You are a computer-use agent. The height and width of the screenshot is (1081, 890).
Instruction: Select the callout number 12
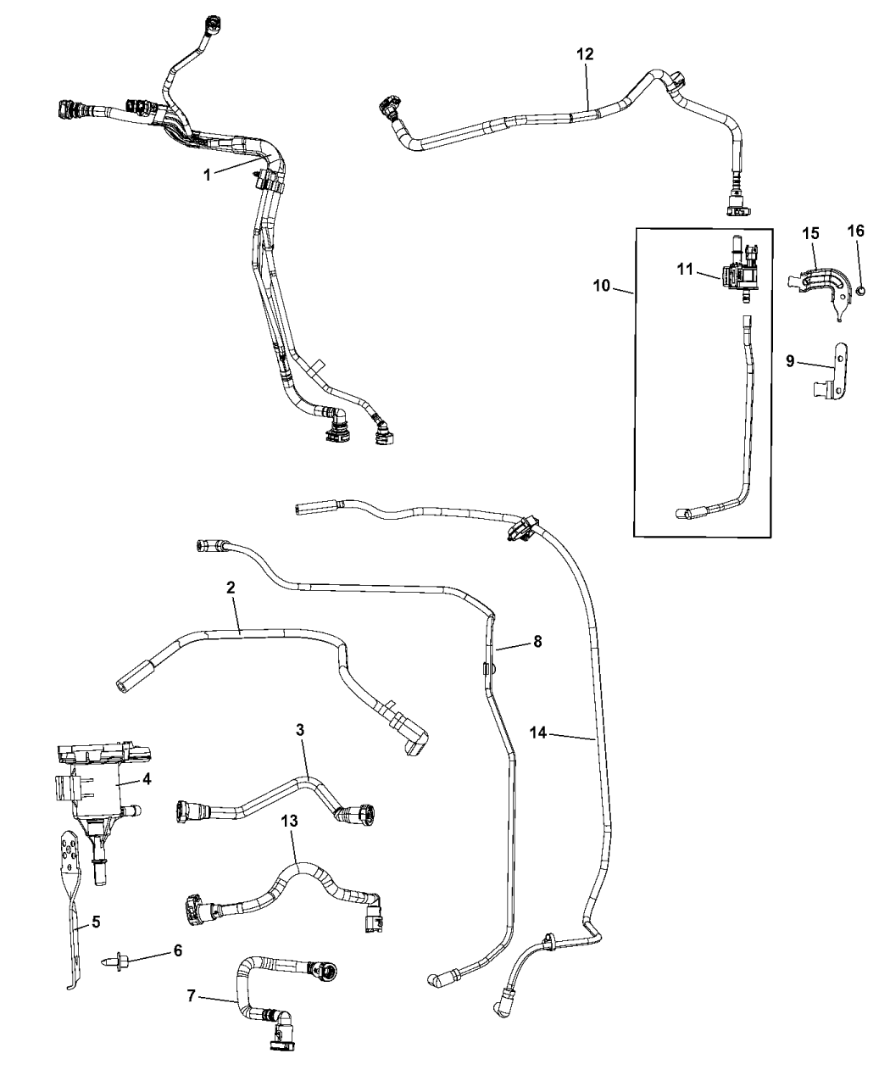(585, 53)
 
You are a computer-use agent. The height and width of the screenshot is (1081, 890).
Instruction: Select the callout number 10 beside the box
(602, 287)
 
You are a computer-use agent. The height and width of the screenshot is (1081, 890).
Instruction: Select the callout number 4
(147, 778)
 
